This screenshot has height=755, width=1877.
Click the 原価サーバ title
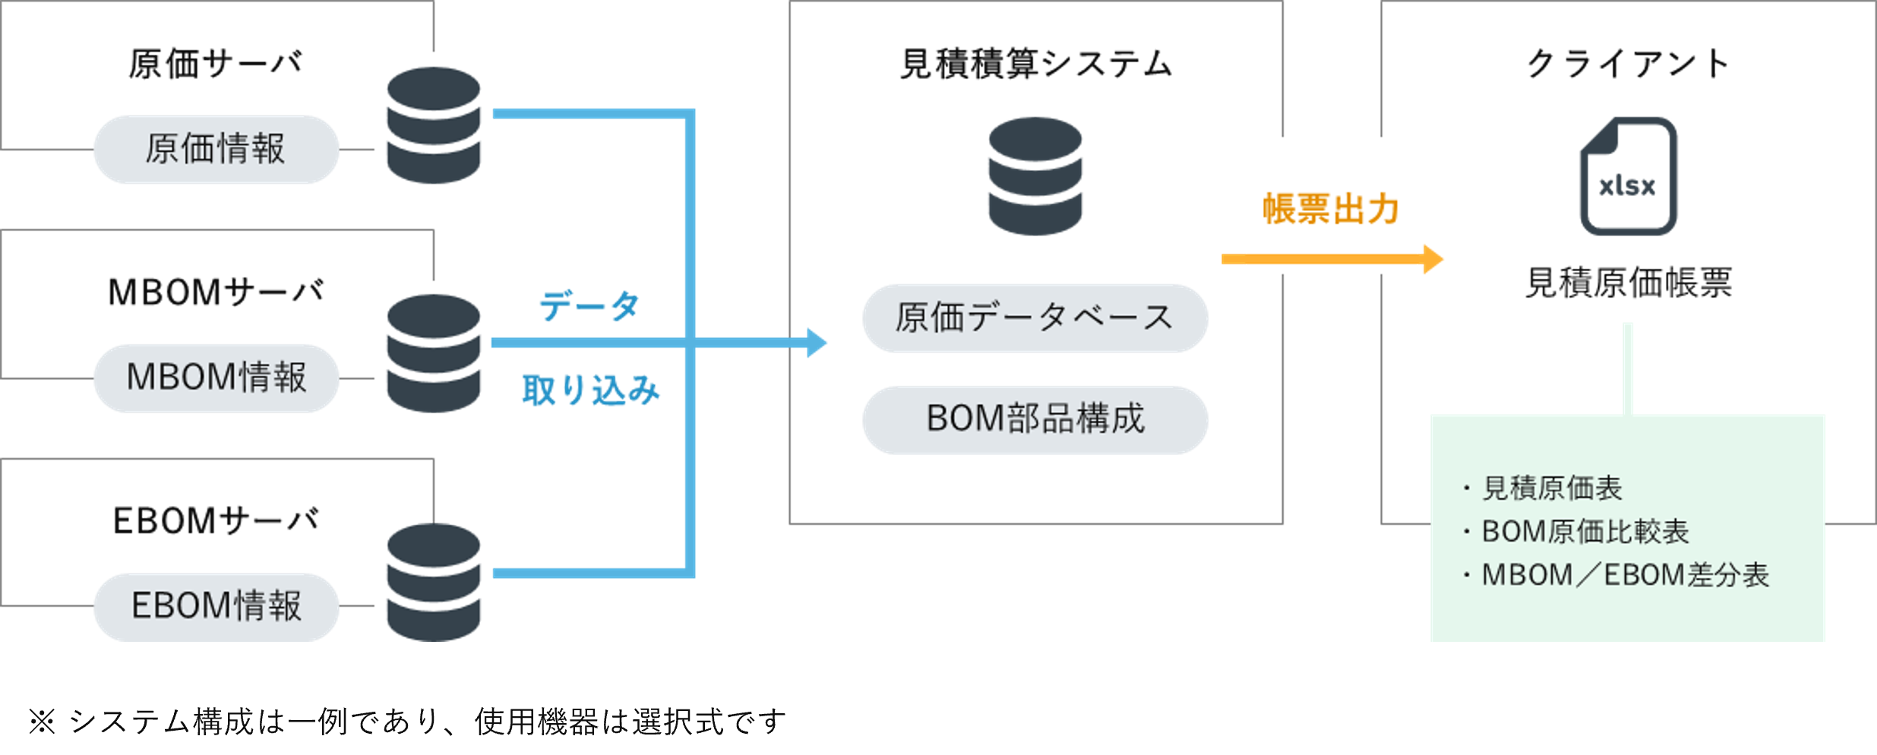click(216, 64)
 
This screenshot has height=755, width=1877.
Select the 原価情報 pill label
click(216, 149)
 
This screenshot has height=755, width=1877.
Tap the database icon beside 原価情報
click(434, 125)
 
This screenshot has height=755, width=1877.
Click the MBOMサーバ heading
click(216, 292)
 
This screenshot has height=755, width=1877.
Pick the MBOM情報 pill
click(216, 377)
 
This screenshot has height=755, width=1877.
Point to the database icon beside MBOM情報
click(434, 353)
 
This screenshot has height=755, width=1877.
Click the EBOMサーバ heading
click(216, 521)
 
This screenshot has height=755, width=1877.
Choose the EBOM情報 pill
click(216, 606)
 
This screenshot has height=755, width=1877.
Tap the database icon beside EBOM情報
click(434, 583)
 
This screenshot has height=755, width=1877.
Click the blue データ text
click(589, 306)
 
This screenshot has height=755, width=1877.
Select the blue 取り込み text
click(590, 390)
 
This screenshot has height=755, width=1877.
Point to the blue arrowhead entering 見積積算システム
click(817, 343)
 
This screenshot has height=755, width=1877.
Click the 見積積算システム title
click(1035, 64)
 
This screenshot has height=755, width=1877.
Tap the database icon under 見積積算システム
click(1035, 176)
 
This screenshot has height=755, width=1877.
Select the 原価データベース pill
click(1035, 317)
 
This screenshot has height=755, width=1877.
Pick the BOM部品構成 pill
click(1035, 419)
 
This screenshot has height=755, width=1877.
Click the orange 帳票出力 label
click(1330, 209)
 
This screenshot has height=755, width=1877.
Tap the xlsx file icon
click(1628, 176)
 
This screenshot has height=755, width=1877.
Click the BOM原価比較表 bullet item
click(1585, 532)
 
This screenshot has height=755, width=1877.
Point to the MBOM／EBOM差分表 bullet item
click(1625, 575)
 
